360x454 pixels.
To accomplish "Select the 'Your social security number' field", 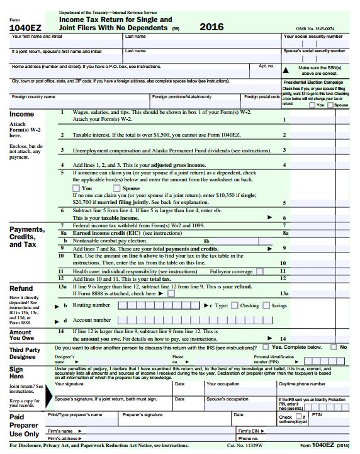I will pyautogui.click(x=314, y=43).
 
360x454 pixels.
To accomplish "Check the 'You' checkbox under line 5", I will pyautogui.click(x=76, y=188).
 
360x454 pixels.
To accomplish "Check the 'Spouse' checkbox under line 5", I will pyautogui.click(x=116, y=188).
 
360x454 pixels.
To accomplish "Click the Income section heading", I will pyautogui.click(x=22, y=114).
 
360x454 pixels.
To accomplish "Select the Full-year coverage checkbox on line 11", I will pyautogui.click(x=257, y=271).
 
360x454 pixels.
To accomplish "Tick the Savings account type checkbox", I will pyautogui.click(x=266, y=305).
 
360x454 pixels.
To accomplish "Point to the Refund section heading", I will pyautogui.click(x=21, y=288).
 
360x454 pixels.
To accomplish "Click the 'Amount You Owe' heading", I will pyautogui.click(x=20, y=336).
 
